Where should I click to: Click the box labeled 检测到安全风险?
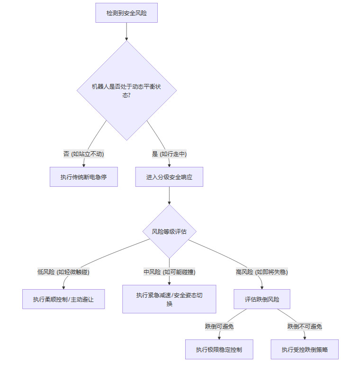pos(126,13)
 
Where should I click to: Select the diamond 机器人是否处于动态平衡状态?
pos(126,91)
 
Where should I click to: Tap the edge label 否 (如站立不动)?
pos(84,154)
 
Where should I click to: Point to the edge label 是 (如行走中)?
pos(169,154)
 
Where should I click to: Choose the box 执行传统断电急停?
pos(84,177)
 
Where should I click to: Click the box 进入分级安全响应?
pos(169,177)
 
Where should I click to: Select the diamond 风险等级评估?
pos(169,232)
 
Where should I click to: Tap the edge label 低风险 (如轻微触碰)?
pos(63,272)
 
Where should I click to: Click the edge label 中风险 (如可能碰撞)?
pos(169,272)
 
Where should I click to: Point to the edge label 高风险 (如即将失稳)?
pos(261,272)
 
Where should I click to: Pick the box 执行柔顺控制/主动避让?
pos(63,299)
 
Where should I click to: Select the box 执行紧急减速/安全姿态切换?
pos(169,299)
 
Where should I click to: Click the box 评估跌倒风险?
pos(261,299)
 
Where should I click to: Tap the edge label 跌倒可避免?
pos(219,327)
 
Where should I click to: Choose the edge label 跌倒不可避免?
pos(305,327)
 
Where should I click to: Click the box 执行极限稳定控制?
pos(219,349)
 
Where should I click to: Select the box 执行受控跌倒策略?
pos(305,349)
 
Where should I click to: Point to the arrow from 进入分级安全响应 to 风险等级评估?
pos(169,195)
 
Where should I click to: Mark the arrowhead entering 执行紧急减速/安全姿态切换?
pos(169,283)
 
